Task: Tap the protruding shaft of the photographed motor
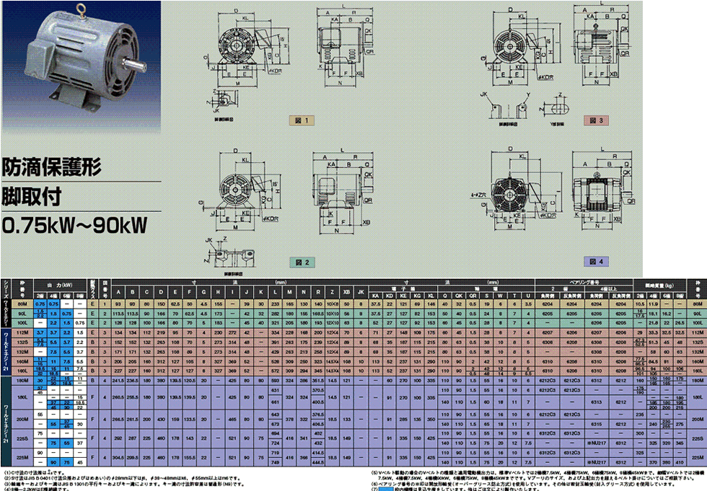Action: [133, 64]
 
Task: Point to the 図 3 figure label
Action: [595, 120]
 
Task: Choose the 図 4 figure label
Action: [595, 261]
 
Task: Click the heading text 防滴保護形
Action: [52, 167]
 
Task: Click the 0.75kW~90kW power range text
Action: [76, 226]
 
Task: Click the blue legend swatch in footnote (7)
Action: [387, 489]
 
